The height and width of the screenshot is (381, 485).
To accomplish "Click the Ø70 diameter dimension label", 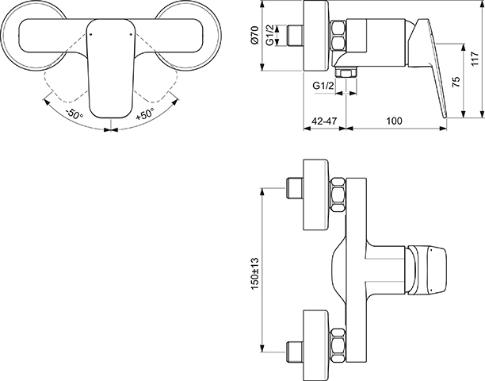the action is click(254, 35).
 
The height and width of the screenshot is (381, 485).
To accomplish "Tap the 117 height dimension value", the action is click(475, 59).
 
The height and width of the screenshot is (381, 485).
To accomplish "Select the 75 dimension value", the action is click(456, 81).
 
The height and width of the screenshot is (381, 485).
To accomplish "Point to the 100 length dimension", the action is click(394, 121).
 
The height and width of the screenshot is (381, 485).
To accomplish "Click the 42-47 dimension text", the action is click(324, 121).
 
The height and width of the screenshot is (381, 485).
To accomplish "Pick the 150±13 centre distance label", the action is click(255, 274).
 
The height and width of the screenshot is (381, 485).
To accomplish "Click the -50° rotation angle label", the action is click(74, 114).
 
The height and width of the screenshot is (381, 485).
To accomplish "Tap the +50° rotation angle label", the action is click(145, 114).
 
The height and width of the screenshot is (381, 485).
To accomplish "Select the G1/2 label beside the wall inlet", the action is click(269, 36).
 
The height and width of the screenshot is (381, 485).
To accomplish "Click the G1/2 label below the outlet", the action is click(323, 85).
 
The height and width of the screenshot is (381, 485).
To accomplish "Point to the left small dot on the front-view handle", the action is click(90, 34).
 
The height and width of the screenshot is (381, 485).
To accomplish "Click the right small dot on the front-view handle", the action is click(131, 34).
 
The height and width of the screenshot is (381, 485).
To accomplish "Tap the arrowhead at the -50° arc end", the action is click(46, 102).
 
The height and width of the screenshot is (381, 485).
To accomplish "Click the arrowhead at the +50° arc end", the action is click(176, 102).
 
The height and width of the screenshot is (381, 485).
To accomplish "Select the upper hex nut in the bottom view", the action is click(338, 194).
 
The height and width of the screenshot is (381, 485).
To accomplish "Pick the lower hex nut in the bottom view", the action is click(338, 346).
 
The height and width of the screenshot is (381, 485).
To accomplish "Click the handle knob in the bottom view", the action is click(427, 269).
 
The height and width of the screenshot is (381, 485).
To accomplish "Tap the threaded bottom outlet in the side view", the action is click(346, 72).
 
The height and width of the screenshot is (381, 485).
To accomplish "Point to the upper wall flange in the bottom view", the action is click(316, 194).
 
